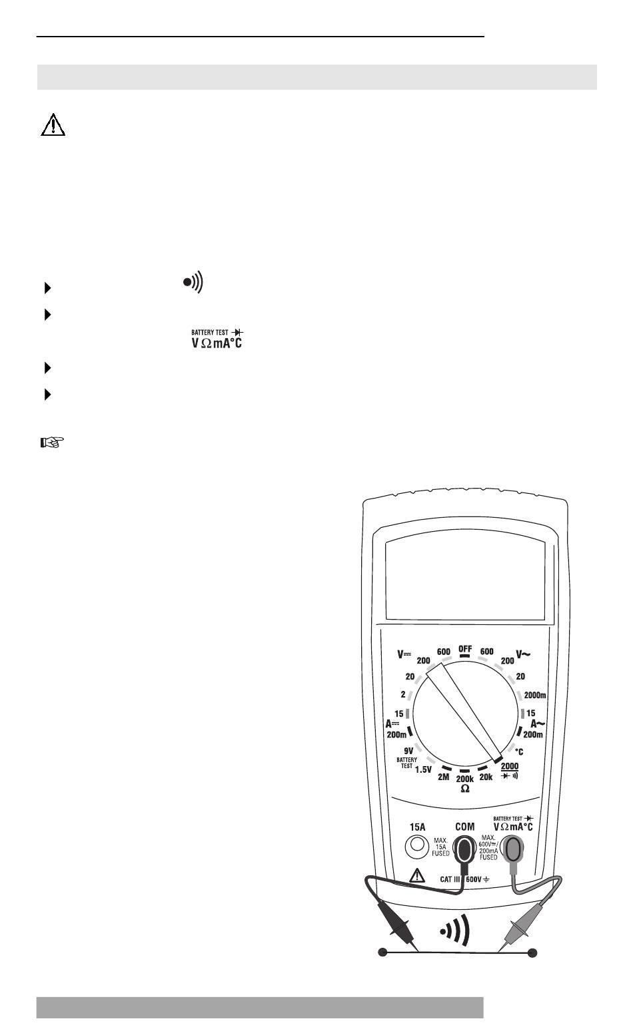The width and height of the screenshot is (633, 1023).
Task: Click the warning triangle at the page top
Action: [53, 125]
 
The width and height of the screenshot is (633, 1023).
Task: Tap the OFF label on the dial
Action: [465, 649]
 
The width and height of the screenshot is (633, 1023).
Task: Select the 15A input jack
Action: [417, 846]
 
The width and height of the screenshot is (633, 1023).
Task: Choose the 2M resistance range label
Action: [444, 776]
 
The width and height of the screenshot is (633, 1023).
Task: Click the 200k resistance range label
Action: [465, 779]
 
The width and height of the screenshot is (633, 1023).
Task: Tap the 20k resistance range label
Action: [486, 776]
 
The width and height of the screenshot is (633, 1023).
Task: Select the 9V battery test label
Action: [409, 750]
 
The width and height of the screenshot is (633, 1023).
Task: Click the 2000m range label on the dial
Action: [536, 695]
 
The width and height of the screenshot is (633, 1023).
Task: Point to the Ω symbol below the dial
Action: [465, 789]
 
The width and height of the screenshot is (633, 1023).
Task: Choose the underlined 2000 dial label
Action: [509, 766]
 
